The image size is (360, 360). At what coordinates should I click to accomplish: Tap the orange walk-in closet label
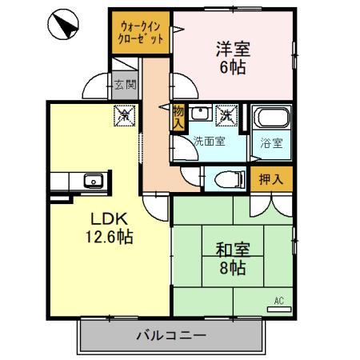(140, 33)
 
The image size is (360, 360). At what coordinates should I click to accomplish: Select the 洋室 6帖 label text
(233, 57)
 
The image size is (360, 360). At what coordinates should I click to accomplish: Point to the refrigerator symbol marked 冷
(125, 115)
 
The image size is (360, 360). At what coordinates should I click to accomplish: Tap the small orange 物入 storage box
(178, 118)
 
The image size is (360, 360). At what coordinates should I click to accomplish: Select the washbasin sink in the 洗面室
(199, 114)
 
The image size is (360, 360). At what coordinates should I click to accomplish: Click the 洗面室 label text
(209, 142)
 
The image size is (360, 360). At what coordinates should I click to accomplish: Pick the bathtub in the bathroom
(266, 121)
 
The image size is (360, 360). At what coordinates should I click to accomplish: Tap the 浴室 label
(270, 144)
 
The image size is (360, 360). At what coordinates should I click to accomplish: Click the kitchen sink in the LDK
(92, 181)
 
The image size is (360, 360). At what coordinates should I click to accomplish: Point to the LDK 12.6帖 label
(110, 227)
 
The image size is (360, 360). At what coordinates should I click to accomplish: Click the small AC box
(279, 302)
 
